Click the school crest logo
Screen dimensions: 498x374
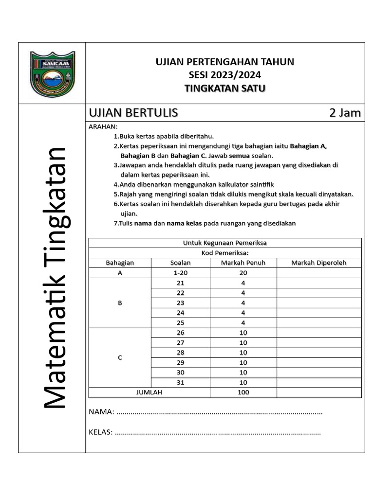(x=52, y=73)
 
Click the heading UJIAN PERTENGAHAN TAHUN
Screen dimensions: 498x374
(x=224, y=62)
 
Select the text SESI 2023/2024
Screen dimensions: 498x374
(x=224, y=75)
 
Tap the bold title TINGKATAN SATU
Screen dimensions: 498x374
(x=224, y=88)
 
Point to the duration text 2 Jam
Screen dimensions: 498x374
(x=345, y=113)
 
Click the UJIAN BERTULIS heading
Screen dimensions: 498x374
(x=133, y=113)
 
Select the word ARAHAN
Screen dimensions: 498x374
(x=99, y=127)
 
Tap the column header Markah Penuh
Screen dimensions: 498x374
(x=243, y=263)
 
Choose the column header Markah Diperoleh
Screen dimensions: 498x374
(x=318, y=263)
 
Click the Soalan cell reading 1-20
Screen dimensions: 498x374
(x=180, y=273)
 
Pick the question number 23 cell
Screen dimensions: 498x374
(x=180, y=302)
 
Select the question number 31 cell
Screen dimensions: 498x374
(x=180, y=382)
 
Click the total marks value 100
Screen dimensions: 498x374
(x=243, y=392)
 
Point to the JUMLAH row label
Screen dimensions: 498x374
(x=149, y=392)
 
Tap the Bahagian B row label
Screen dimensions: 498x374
(x=120, y=302)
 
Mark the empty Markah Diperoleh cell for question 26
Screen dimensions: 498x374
(x=318, y=333)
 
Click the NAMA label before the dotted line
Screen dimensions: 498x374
(x=101, y=412)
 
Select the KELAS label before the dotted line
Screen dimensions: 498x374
(x=100, y=431)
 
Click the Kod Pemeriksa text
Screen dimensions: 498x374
(x=224, y=253)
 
